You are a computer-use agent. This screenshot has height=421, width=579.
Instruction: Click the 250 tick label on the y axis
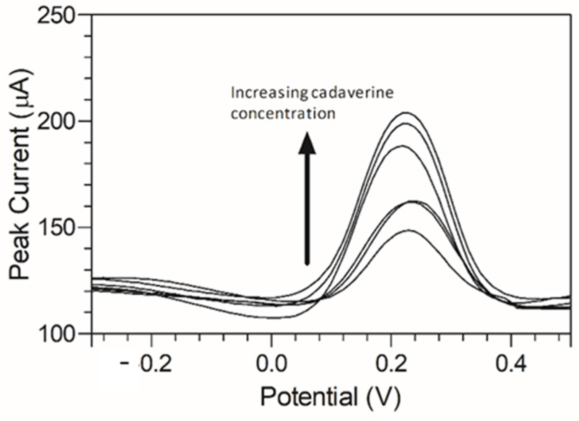tap(56, 15)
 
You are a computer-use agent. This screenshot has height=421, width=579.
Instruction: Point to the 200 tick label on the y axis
tap(56, 121)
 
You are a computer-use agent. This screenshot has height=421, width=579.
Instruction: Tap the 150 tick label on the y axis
tap(56, 227)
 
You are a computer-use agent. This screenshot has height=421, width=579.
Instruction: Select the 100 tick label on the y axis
tap(56, 333)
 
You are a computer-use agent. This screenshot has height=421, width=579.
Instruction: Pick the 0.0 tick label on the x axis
tap(271, 364)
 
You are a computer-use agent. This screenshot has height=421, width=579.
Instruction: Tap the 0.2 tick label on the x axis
tap(391, 364)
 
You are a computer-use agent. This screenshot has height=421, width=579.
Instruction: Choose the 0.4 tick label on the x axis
tap(511, 364)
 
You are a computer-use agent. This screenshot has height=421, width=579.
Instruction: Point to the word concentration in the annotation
tap(283, 114)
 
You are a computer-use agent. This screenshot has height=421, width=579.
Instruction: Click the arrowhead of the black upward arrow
tap(307, 143)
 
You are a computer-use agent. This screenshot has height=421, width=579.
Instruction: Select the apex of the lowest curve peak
tap(409, 230)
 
